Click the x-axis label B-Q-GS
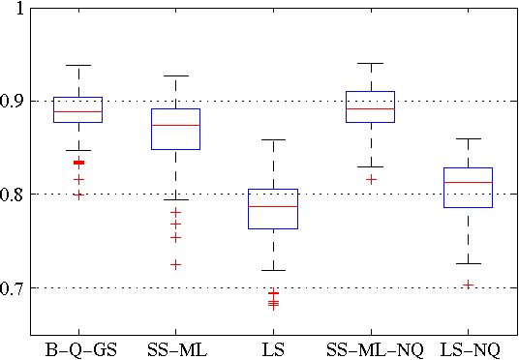80,348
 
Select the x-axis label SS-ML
175,348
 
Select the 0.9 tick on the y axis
15,101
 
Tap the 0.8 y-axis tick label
15,195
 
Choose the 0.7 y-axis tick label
15,288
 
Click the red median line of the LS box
273,206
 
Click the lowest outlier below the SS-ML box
175,264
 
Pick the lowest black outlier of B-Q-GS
78,195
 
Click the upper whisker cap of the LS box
273,139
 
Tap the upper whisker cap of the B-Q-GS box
78,65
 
